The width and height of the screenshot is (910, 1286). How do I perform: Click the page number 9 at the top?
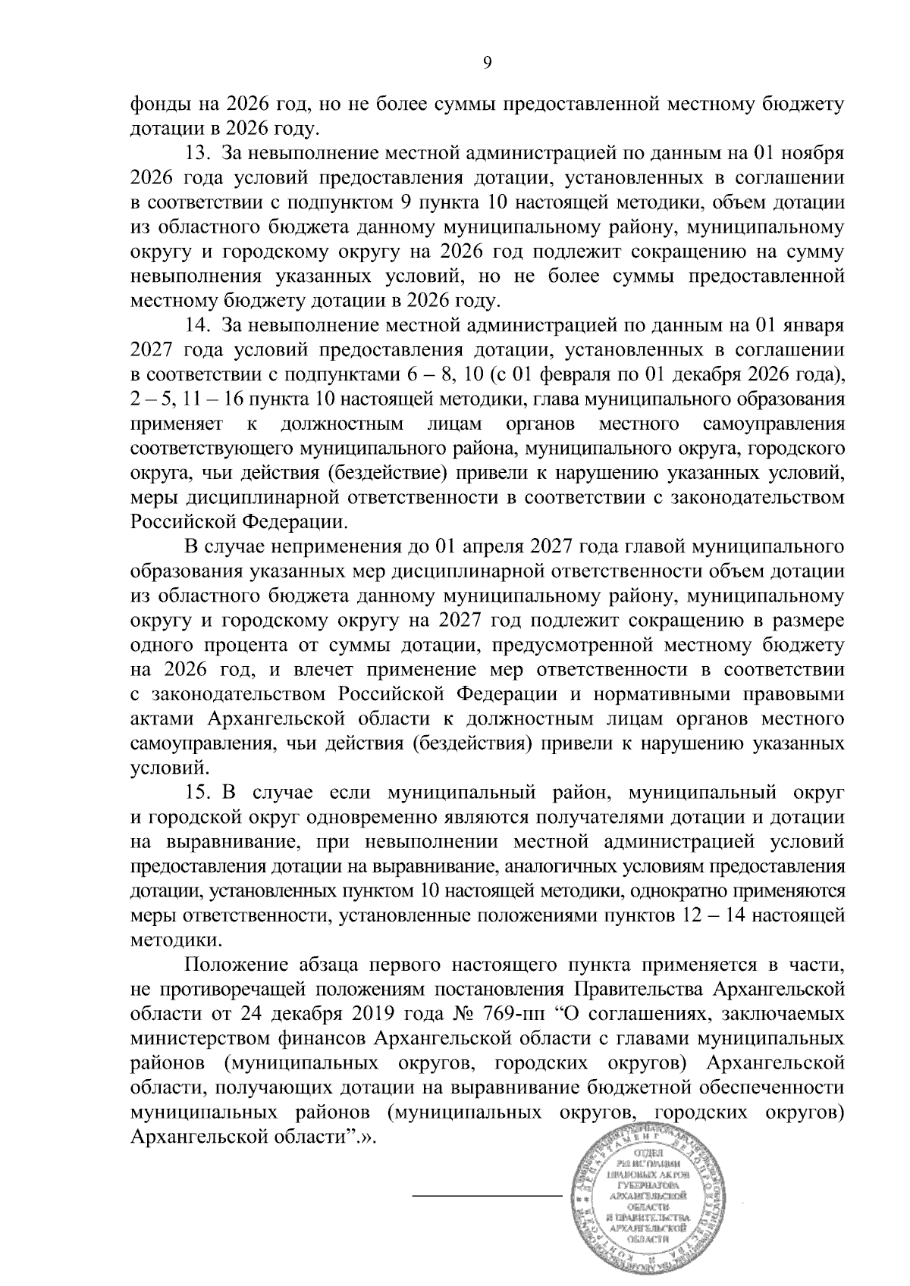pos(488,64)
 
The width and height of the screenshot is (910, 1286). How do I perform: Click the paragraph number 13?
pos(199,155)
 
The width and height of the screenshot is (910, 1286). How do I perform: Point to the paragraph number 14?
pos(199,327)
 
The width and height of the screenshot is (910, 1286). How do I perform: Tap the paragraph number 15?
pos(199,793)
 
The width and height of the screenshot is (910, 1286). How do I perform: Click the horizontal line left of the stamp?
pos(486,1196)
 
